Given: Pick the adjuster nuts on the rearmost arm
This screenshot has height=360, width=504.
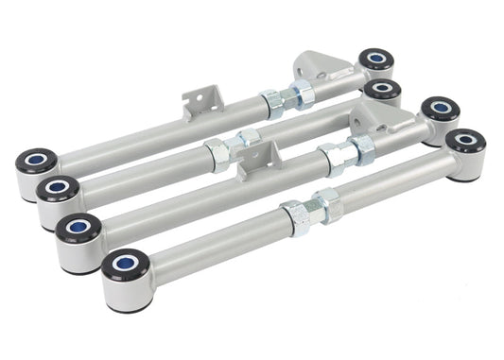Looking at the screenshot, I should [283, 96].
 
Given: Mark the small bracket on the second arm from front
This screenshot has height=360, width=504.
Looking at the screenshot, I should [254, 160].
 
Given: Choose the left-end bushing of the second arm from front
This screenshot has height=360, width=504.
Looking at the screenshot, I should [78, 229].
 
